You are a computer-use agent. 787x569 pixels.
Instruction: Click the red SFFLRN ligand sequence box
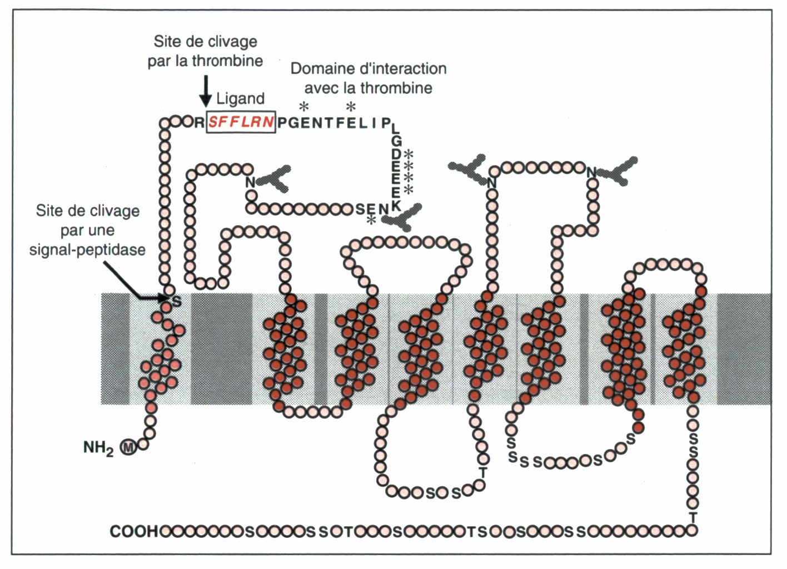241,122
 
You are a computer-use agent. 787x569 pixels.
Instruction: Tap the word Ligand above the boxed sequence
240,99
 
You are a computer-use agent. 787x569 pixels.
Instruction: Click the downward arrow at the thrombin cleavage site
206,91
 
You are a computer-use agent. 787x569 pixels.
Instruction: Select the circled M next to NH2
129,447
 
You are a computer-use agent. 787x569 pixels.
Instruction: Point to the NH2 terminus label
98,447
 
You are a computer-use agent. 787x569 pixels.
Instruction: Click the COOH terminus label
134,531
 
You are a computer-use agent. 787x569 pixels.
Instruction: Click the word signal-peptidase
88,250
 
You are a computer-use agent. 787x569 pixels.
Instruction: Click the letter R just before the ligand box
199,122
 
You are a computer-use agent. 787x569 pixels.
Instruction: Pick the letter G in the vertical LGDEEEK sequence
396,142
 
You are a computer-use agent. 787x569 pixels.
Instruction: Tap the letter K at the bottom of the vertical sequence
396,205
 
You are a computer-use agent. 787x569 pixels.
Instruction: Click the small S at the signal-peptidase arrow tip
177,302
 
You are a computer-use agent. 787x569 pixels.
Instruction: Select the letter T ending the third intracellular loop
482,473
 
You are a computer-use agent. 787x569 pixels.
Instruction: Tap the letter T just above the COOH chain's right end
693,517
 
